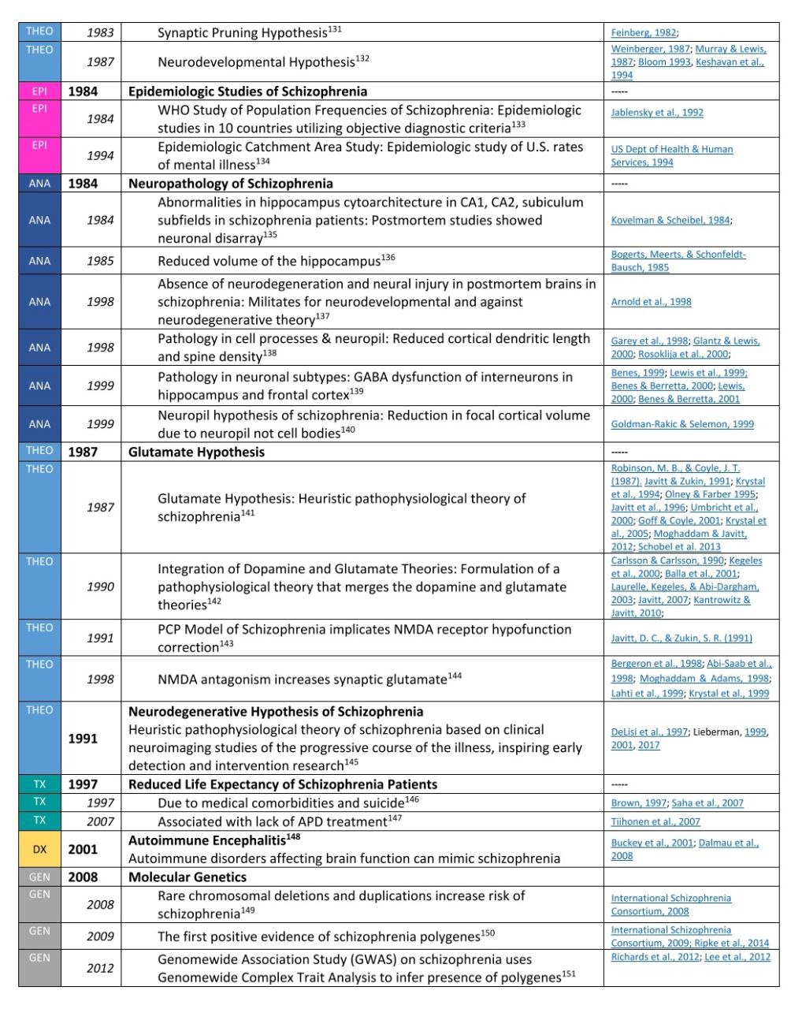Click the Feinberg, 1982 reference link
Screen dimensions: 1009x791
coord(643,33)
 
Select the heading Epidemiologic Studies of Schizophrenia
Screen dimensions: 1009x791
coord(247,91)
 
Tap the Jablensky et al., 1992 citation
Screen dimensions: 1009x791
coord(657,113)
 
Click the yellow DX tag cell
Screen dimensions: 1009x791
coord(39,850)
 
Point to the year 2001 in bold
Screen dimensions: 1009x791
coord(83,850)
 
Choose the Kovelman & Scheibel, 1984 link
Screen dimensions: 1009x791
coord(670,221)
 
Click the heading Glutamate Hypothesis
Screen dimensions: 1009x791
coord(196,452)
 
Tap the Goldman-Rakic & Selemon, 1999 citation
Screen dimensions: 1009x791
coord(682,424)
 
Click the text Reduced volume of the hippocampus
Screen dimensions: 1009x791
coord(269,262)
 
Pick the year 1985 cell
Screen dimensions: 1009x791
coord(100,262)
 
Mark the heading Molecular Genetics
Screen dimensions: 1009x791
coord(188,877)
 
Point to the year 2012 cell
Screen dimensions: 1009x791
coord(100,969)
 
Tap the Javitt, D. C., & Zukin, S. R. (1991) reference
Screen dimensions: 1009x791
coord(681,639)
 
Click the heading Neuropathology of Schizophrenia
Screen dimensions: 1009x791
coord(231,184)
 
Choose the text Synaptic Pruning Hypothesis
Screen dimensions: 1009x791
coord(242,33)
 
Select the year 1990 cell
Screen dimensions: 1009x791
coord(100,587)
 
